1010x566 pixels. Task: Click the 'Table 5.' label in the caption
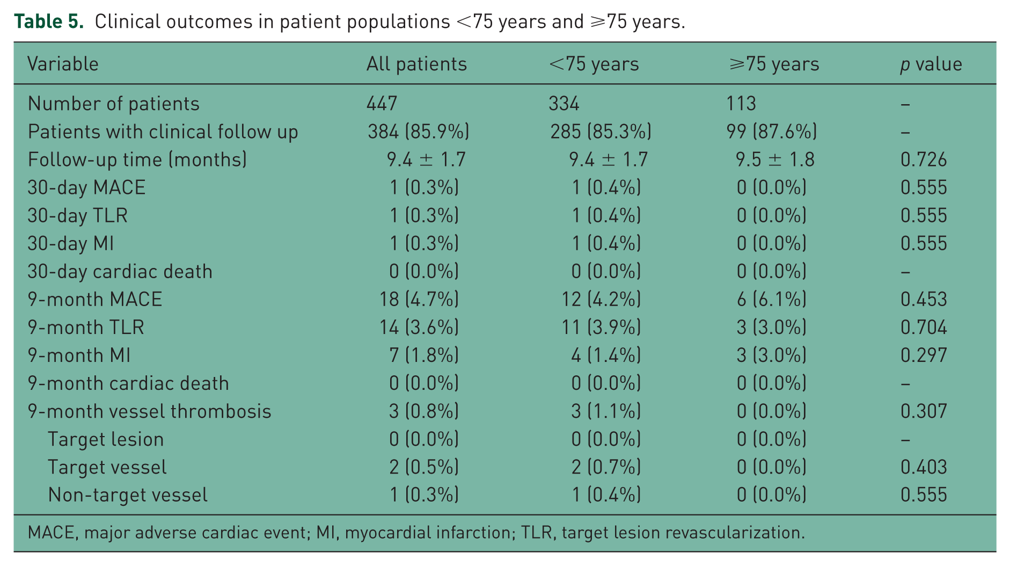[49, 21]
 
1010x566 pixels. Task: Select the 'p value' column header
[931, 64]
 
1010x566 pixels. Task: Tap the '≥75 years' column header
[774, 64]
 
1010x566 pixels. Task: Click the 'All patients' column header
[416, 64]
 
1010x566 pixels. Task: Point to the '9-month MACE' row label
[95, 299]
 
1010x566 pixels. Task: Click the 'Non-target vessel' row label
[128, 495]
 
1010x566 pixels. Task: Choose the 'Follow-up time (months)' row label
[137, 159]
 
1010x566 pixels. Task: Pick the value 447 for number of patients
[382, 103]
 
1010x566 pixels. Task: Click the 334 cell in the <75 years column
[563, 103]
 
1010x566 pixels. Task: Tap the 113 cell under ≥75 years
[741, 103]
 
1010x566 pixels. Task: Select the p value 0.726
[924, 159]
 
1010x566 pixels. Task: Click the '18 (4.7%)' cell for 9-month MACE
[419, 299]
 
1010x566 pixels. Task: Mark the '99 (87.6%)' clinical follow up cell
[772, 132]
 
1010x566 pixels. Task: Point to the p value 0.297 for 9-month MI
[924, 355]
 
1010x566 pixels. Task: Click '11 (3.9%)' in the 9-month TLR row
[601, 327]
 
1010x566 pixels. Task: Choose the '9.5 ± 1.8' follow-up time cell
[775, 159]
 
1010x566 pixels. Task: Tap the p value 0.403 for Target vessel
[924, 467]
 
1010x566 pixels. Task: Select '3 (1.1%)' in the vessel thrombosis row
[606, 411]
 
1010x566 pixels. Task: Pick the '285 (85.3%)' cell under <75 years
[601, 132]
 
